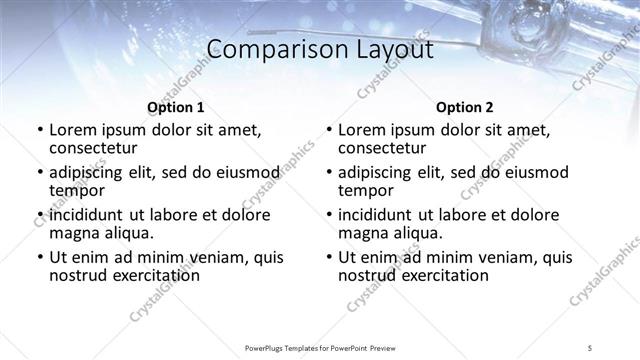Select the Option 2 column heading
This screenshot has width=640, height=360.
click(x=464, y=108)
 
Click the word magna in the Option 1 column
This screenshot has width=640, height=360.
click(x=73, y=233)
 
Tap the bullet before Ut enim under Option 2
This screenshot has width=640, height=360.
click(x=329, y=258)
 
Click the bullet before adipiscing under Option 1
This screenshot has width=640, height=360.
click(x=39, y=173)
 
